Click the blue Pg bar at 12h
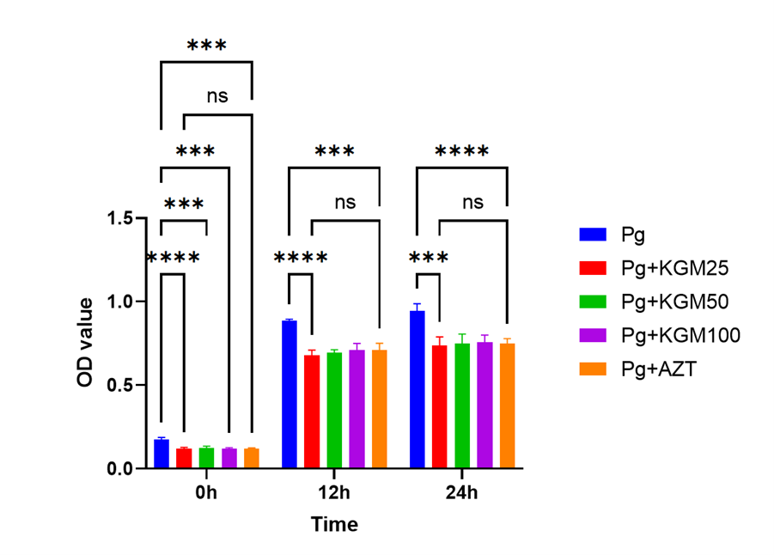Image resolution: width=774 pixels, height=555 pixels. [289, 394]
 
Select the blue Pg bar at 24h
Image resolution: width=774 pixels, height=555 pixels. [417, 390]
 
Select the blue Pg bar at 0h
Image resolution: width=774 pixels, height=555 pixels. [162, 454]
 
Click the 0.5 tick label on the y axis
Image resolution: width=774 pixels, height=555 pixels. [124, 385]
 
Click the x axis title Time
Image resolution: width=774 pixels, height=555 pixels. [334, 523]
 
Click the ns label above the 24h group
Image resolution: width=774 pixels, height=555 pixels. [472, 203]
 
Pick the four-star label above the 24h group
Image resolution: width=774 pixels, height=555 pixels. [462, 152]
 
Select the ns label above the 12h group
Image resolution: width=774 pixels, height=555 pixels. [344, 203]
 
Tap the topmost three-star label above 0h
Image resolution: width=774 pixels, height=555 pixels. [206, 46]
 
